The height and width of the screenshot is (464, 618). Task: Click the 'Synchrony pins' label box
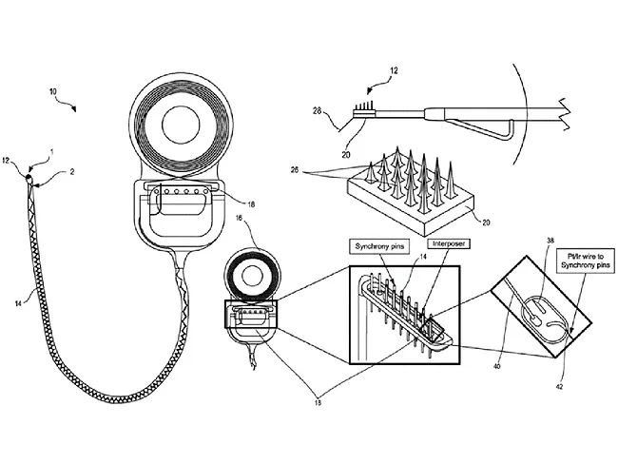click(x=379, y=247)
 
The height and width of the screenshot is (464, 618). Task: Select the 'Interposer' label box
click(x=449, y=244)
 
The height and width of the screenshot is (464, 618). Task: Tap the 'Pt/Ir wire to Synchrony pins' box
click(x=586, y=260)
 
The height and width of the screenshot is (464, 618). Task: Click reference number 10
click(x=53, y=91)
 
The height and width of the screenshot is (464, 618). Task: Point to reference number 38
click(x=550, y=240)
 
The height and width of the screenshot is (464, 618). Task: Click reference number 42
click(x=559, y=387)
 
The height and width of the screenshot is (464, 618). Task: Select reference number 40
click(x=497, y=367)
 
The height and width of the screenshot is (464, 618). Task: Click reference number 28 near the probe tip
click(x=318, y=111)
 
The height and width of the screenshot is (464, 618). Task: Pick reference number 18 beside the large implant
click(x=251, y=204)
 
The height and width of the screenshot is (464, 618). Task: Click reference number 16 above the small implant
click(x=240, y=218)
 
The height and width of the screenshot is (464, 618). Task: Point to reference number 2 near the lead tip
click(x=72, y=172)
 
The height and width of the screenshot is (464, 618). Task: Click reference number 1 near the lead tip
click(x=51, y=152)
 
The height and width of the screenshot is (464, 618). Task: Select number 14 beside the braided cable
click(x=18, y=303)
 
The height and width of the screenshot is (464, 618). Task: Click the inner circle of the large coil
click(x=181, y=125)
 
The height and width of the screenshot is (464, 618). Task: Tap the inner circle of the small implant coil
click(x=251, y=277)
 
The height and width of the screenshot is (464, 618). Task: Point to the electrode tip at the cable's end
click(x=30, y=179)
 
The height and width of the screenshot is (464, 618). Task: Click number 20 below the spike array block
click(x=486, y=222)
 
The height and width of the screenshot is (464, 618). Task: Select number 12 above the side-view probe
click(x=395, y=70)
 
